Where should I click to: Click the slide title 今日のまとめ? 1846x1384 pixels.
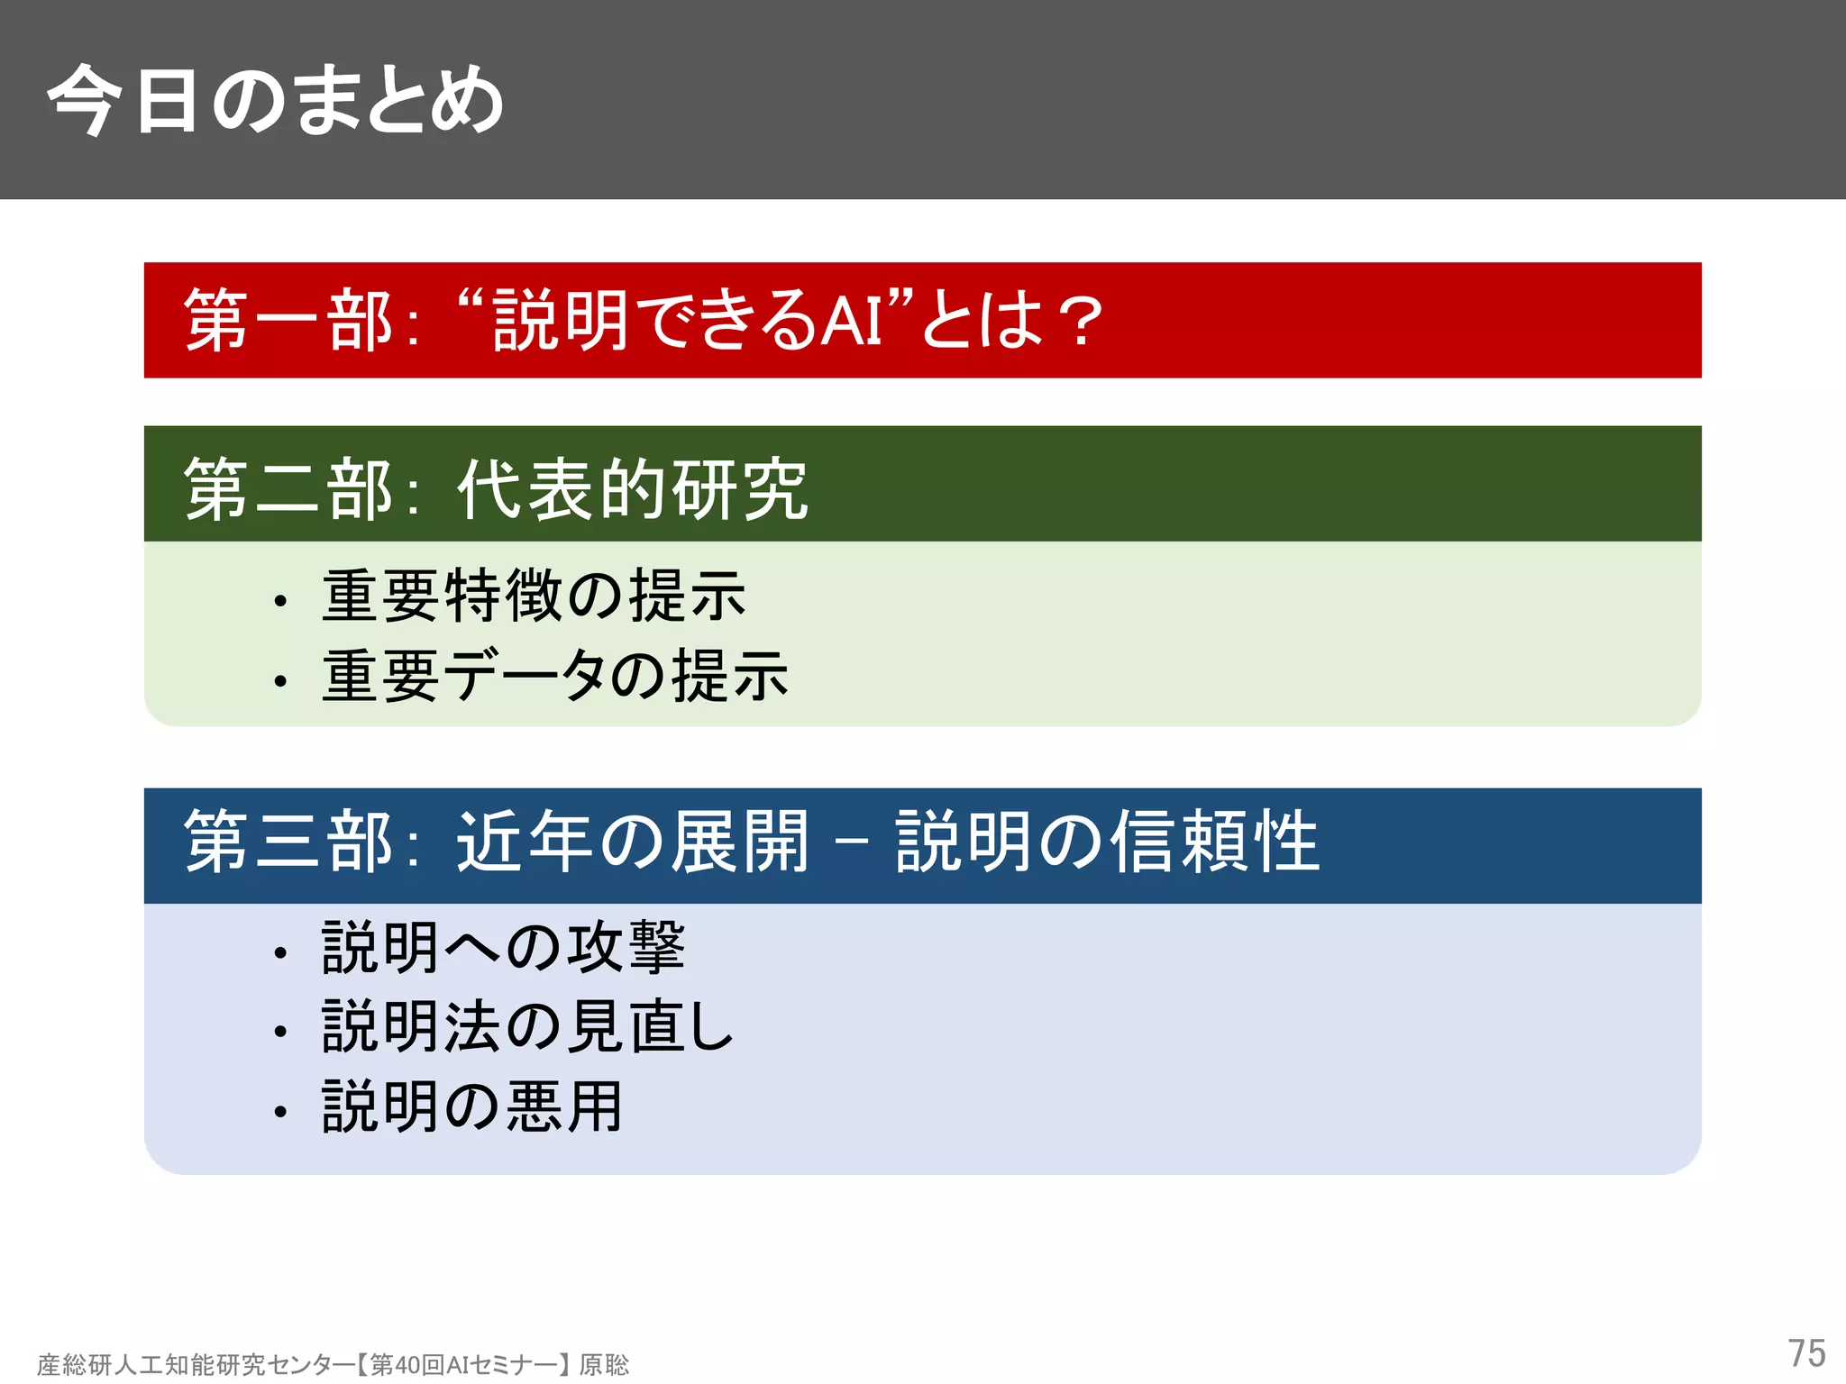click(275, 101)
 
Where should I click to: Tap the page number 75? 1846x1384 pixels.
click(1805, 1353)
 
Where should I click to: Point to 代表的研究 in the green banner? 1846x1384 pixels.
click(632, 489)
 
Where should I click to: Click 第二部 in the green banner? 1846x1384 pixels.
click(288, 489)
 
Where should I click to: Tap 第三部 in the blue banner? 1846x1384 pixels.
click(288, 842)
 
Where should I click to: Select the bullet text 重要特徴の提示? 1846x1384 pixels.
click(534, 596)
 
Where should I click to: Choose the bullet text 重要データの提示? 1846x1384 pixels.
click(555, 676)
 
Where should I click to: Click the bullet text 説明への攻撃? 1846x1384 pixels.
click(504, 948)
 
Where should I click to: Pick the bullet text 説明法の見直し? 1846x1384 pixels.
click(528, 1027)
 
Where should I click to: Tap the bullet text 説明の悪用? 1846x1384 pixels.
click(472, 1106)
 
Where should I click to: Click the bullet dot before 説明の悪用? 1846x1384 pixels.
click(280, 1112)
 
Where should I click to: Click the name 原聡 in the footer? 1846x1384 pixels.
click(604, 1365)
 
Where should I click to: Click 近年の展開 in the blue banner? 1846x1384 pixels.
click(632, 842)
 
